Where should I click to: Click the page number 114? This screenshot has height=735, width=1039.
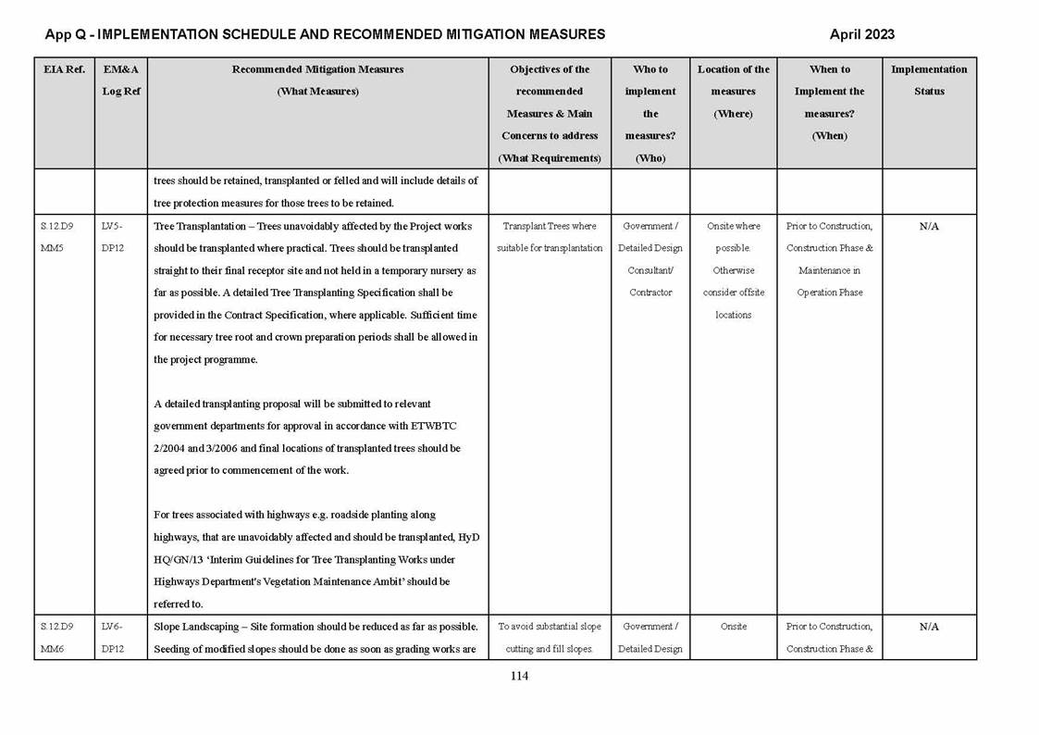coord(519,677)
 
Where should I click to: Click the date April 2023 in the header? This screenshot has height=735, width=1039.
coord(861,35)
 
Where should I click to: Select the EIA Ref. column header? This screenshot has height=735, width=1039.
coord(64,69)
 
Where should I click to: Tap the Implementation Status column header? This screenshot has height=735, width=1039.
coord(929,81)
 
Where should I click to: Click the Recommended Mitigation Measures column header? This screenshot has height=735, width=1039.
coord(317,81)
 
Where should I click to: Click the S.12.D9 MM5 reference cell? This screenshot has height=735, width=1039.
coord(57,237)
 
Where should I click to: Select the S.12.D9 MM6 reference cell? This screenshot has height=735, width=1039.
coord(57,638)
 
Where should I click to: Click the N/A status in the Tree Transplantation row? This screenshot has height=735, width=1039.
coord(929,227)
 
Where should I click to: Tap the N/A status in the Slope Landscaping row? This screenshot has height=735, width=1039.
coord(929,627)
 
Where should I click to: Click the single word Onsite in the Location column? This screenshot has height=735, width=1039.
coord(733,627)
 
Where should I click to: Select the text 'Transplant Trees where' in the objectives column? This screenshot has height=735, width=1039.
coord(550,227)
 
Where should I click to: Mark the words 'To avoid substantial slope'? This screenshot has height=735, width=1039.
coord(550,627)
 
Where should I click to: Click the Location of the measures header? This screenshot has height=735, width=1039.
coord(733,92)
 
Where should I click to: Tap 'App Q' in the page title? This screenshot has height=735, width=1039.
coord(65,35)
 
